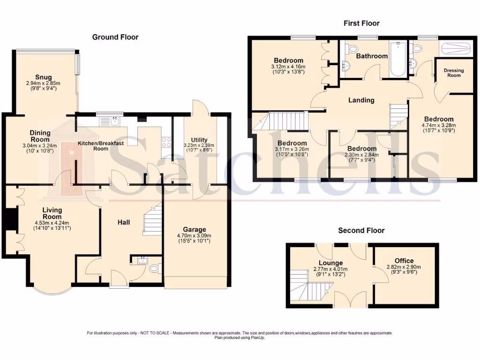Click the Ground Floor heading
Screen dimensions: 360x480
pyautogui.click(x=115, y=37)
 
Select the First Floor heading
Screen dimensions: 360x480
pyautogui.click(x=361, y=23)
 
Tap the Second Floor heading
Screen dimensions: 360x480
pyautogui.click(x=361, y=230)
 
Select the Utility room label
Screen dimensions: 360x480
pyautogui.click(x=198, y=139)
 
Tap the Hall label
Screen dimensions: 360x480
pyautogui.click(x=124, y=222)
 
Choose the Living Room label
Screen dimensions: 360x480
pyautogui.click(x=52, y=214)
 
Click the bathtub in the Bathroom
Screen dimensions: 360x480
pyautogui.click(x=397, y=60)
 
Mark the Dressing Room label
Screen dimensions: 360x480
pyautogui.click(x=454, y=73)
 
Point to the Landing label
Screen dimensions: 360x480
pyautogui.click(x=361, y=100)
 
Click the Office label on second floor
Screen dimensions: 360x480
pyautogui.click(x=404, y=261)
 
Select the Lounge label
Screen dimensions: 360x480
pyautogui.click(x=331, y=263)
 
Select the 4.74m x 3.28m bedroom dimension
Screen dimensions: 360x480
pyautogui.click(x=439, y=125)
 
